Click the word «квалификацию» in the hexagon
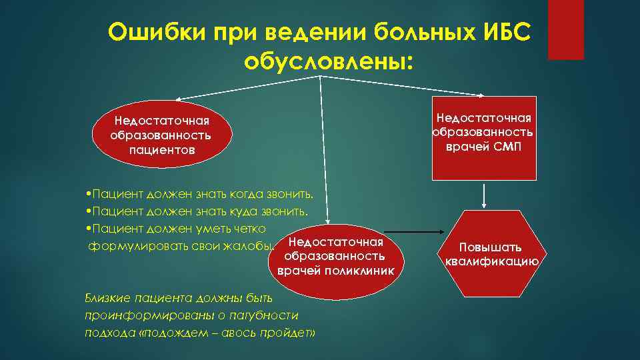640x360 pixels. [x=491, y=261]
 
